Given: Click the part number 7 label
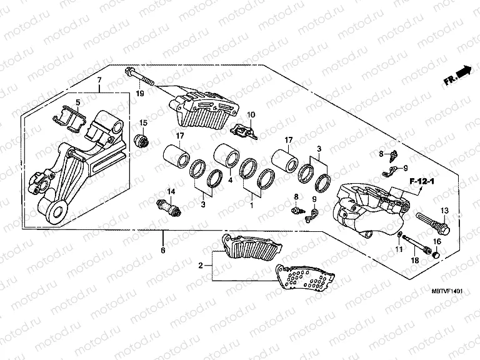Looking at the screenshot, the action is coord(98,81).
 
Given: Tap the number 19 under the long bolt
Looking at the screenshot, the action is coord(140,94).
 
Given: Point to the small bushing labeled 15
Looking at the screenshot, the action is coord(143,139).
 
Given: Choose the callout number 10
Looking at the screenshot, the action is coord(251,115).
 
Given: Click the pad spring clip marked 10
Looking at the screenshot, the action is coord(242,131).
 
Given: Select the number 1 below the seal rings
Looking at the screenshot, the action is coord(252,204).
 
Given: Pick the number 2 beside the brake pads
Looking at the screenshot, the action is coord(201,266).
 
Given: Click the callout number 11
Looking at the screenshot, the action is coord(398,250).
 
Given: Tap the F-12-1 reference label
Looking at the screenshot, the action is coord(423,181).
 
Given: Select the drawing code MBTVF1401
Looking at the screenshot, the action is coord(447,291).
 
